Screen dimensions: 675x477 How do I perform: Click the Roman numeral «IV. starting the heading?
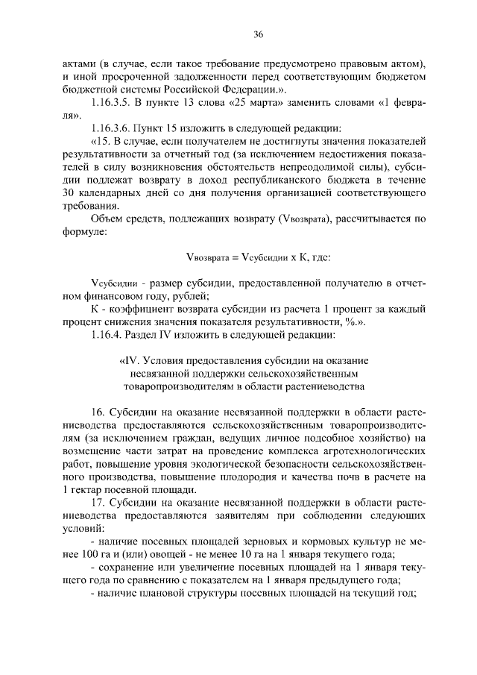(x=129, y=360)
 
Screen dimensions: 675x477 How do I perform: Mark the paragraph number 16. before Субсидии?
(x=98, y=412)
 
